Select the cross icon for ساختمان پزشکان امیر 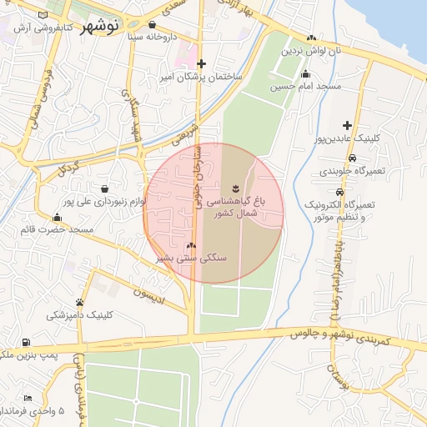[201, 63]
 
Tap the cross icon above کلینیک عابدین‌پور [348, 125]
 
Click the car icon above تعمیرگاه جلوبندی [352, 158]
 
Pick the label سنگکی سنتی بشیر [193, 259]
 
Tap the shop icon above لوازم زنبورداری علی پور [103, 188]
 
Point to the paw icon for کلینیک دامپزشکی [79, 302]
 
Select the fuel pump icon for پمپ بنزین [27, 342]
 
